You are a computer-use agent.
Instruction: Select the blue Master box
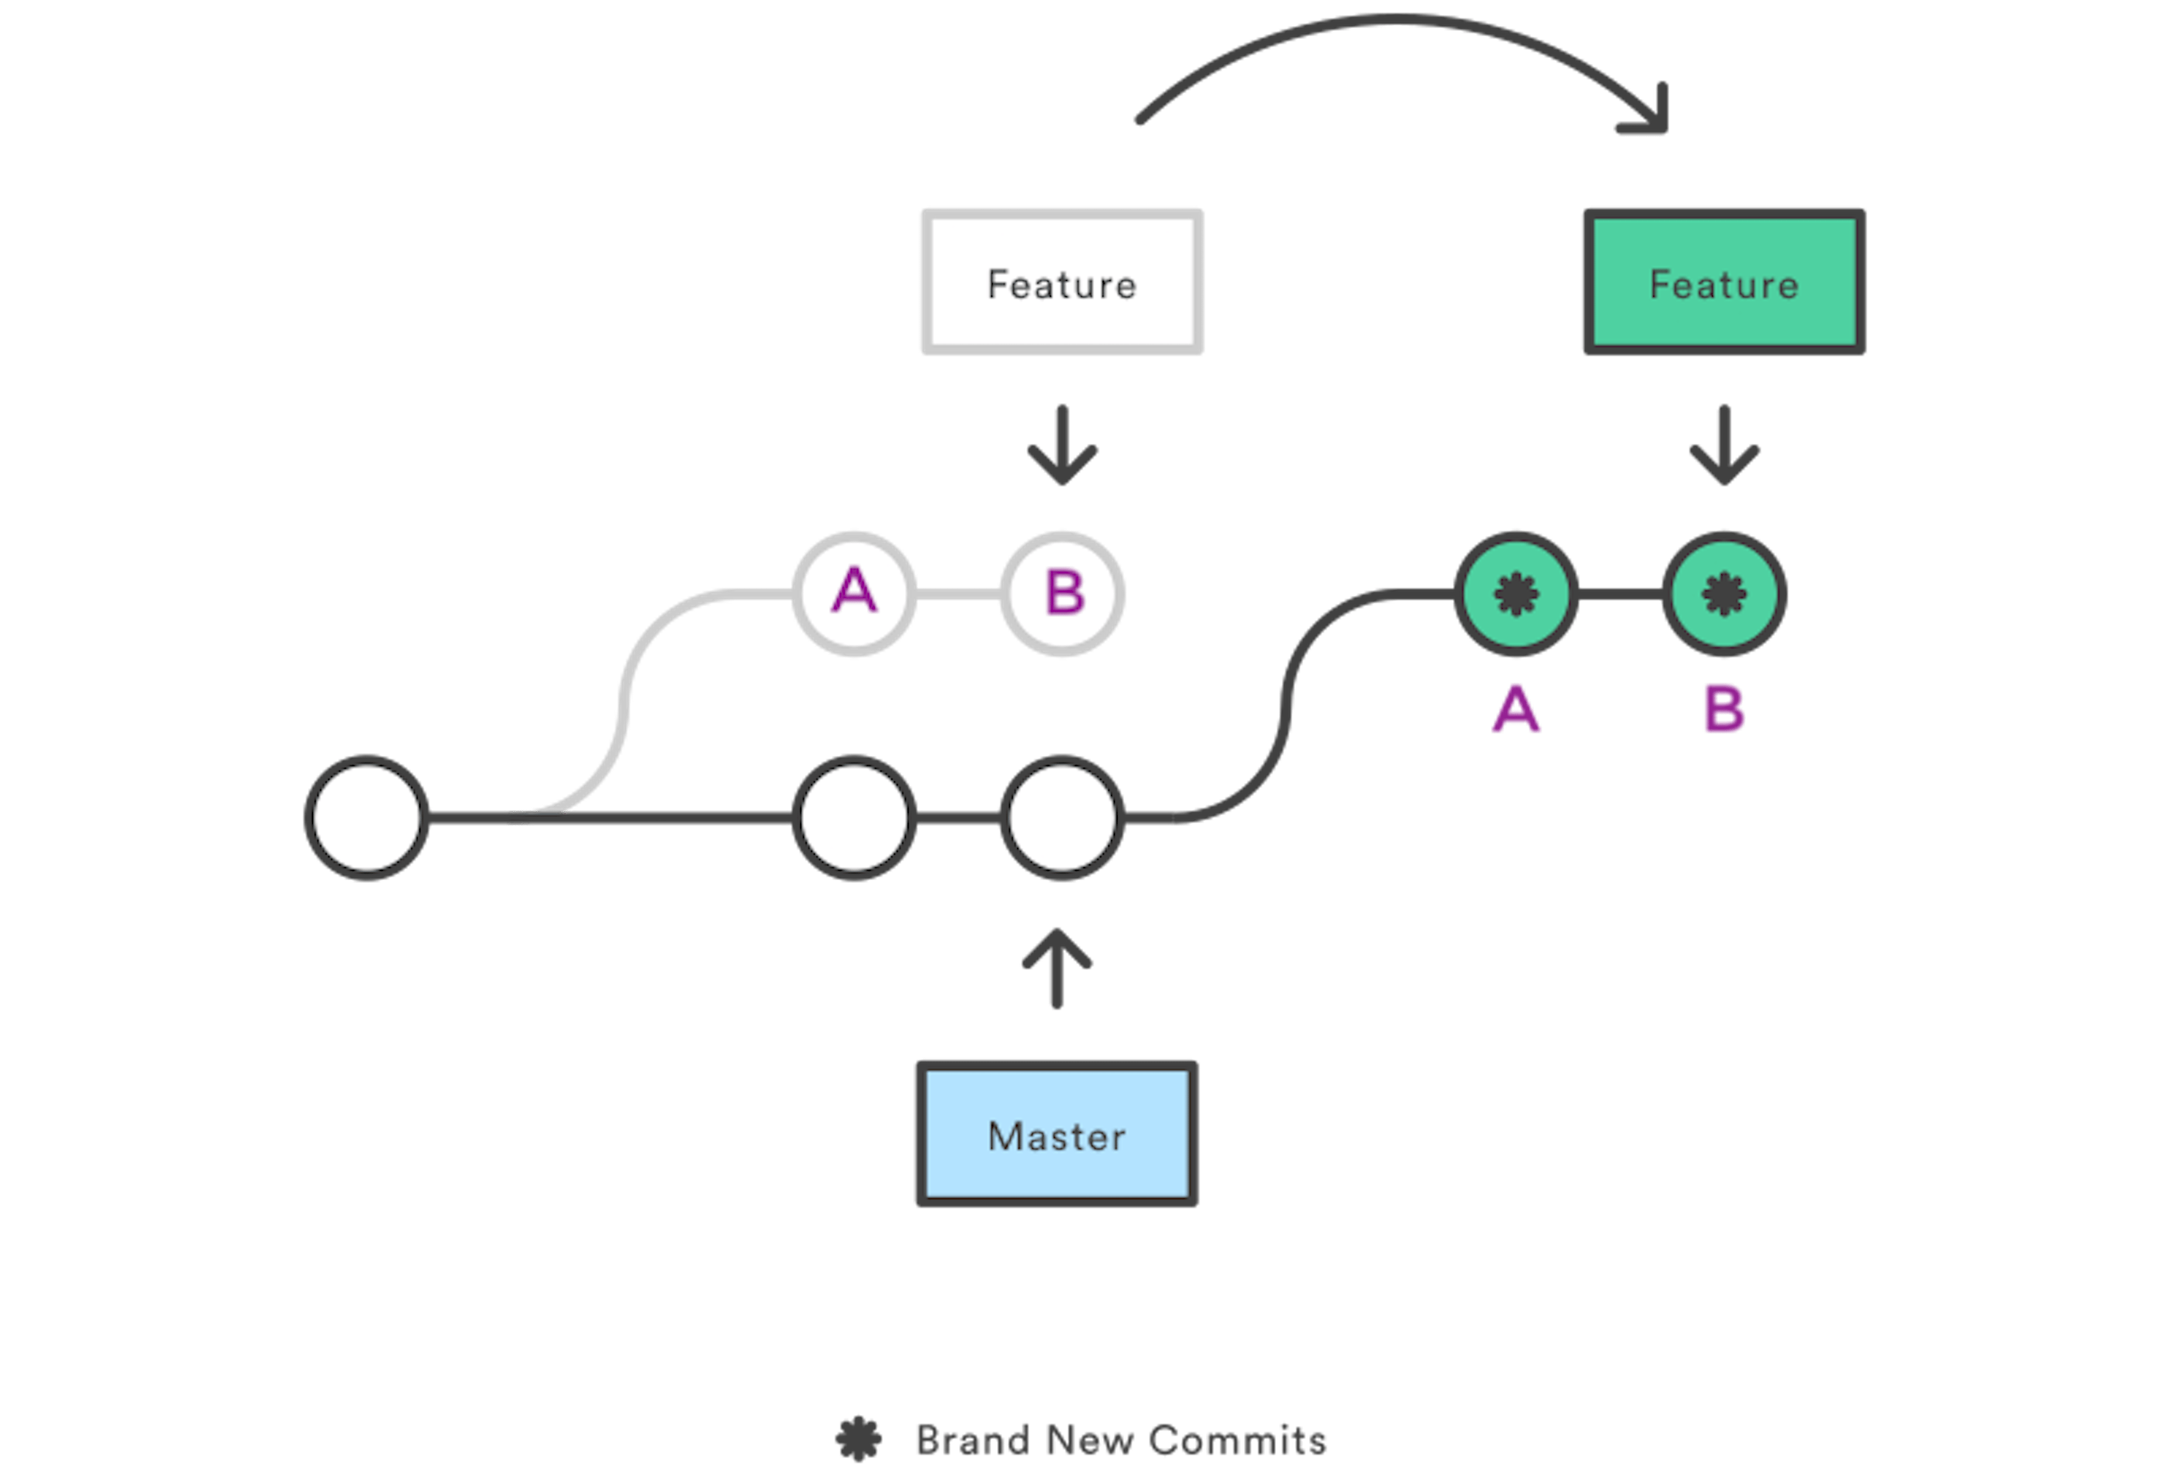click(x=1056, y=1134)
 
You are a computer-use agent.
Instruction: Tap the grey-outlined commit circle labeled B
click(x=1062, y=593)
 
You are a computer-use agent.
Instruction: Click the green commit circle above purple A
click(x=1516, y=593)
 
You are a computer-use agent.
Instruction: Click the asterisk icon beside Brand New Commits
click(x=858, y=1439)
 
